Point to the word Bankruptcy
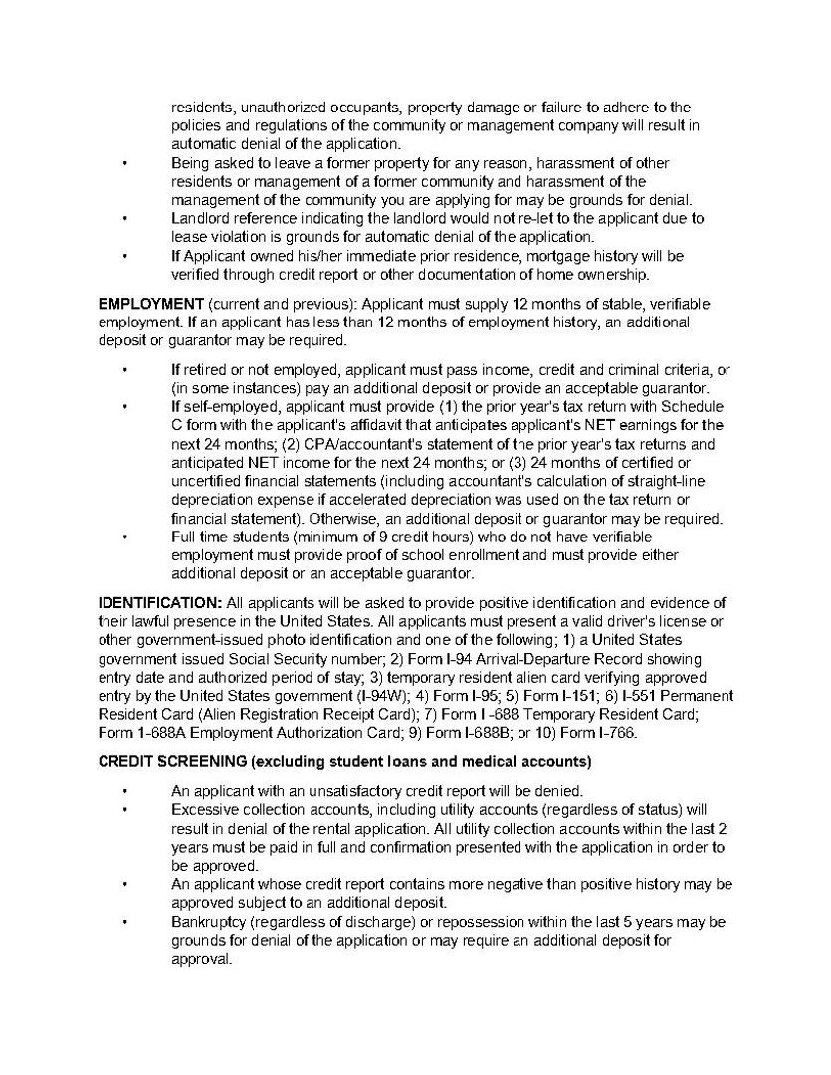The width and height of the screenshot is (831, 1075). (208, 922)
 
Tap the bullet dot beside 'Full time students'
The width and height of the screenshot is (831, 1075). (124, 537)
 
